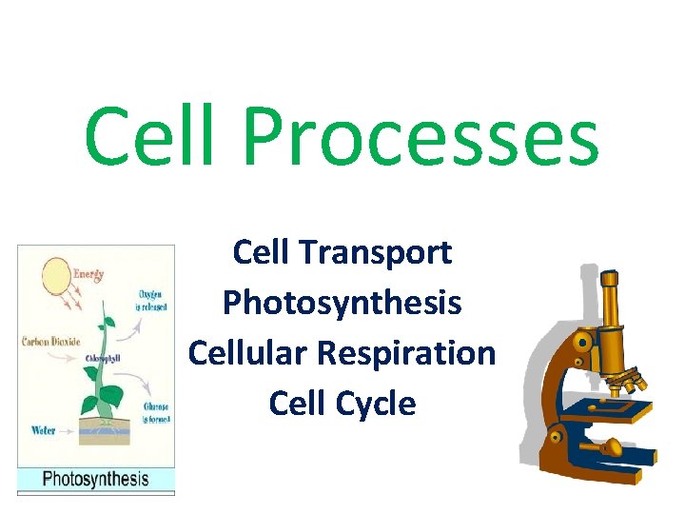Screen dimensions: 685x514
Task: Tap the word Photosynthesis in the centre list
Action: coord(342,304)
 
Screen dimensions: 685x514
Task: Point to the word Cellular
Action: coord(247,353)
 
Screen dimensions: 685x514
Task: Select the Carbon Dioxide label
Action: coord(49,340)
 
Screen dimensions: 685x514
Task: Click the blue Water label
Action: coord(43,430)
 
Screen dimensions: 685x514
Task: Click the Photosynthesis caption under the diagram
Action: coord(96,479)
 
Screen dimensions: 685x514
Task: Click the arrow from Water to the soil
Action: coord(70,427)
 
